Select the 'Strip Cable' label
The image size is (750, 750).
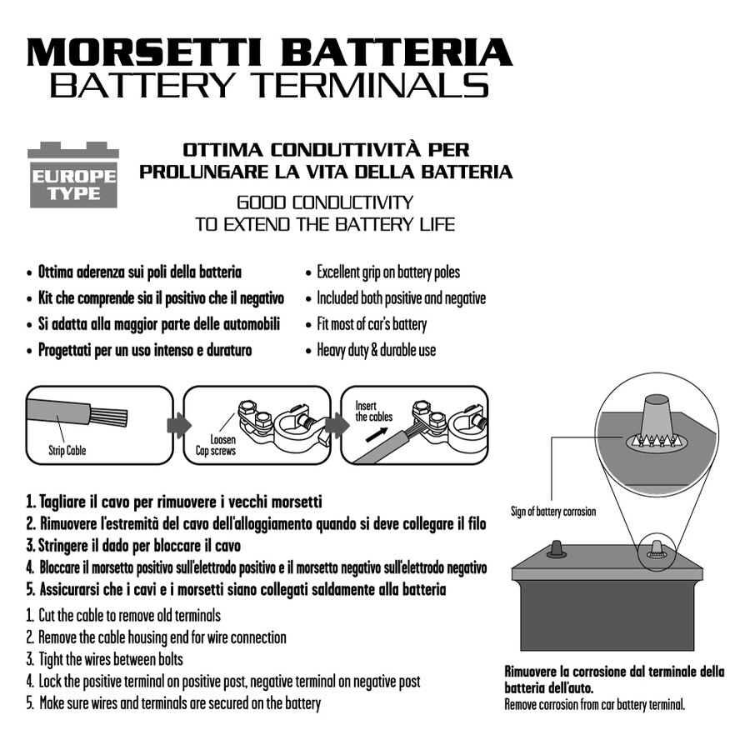[x=67, y=451]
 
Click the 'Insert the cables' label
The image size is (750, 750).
[x=373, y=412]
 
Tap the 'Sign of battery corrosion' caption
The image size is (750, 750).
[x=552, y=512]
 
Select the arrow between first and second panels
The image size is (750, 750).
[x=174, y=424]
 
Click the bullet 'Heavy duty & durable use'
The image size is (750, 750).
[x=376, y=350]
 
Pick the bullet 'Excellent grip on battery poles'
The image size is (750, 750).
[x=387, y=272]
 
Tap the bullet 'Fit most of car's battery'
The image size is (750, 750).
[x=371, y=324]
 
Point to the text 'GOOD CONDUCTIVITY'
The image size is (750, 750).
[x=325, y=202]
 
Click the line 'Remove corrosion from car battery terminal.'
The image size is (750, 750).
[x=594, y=704]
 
